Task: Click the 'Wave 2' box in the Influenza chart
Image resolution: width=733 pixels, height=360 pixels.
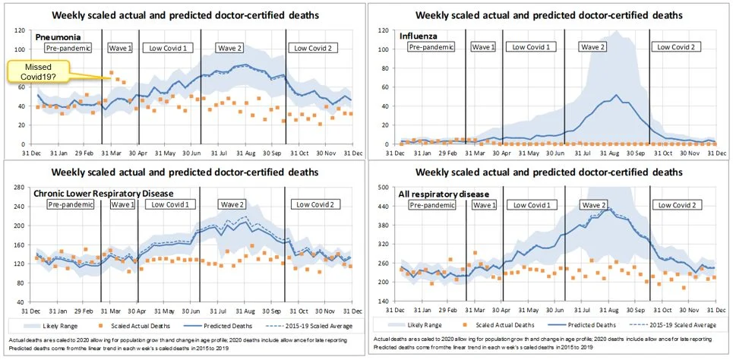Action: pyautogui.click(x=592, y=47)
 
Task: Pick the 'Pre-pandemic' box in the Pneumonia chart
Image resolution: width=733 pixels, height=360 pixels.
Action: pyautogui.click(x=68, y=48)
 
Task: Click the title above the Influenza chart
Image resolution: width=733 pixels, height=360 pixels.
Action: pyautogui.click(x=553, y=15)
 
